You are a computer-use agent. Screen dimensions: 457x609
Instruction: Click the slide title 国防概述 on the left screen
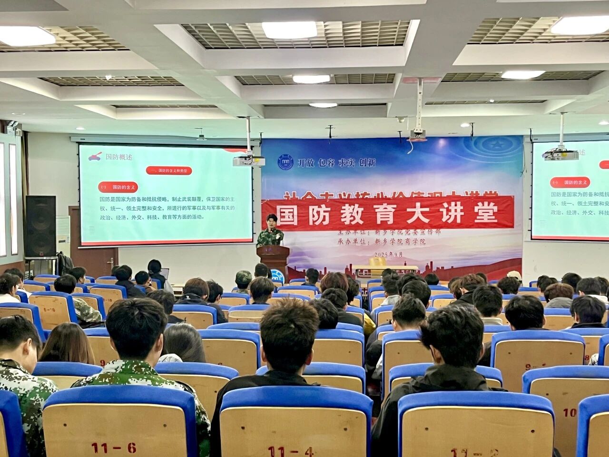click(x=118, y=157)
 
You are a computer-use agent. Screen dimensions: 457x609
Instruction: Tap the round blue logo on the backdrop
click(x=285, y=162)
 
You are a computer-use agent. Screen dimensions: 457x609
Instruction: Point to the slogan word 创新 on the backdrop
click(x=367, y=162)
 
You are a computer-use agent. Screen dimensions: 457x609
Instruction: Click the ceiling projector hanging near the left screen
click(x=248, y=161)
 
